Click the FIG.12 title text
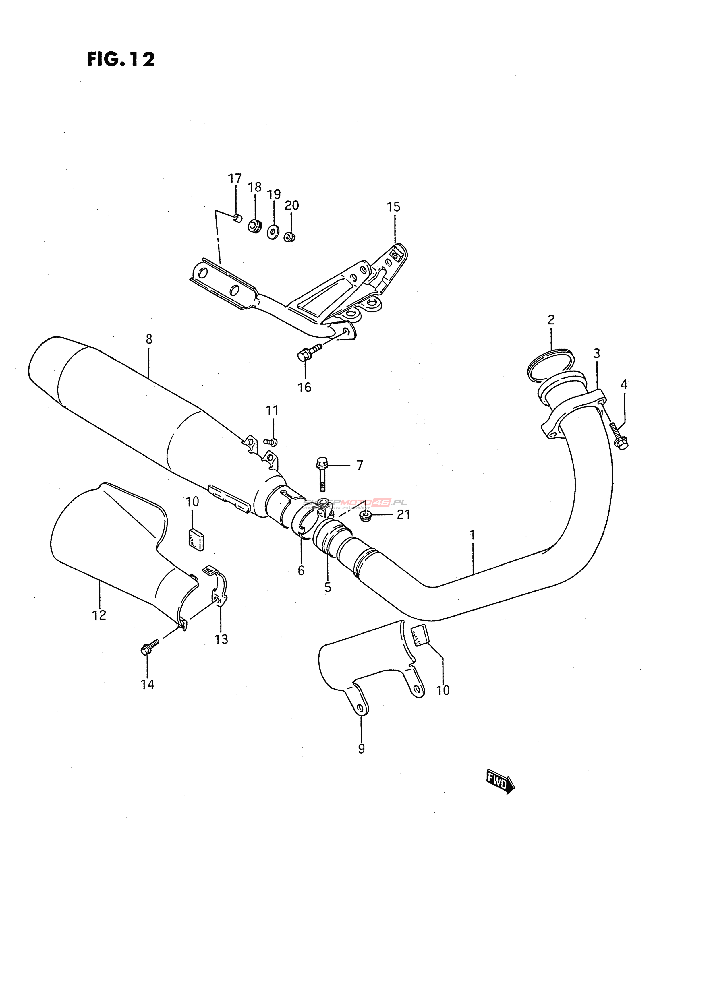[121, 59]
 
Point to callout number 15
[393, 207]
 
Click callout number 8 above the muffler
[149, 339]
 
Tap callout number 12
[99, 615]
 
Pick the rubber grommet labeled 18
[254, 226]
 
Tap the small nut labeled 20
[289, 237]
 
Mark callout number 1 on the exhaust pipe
[472, 535]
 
